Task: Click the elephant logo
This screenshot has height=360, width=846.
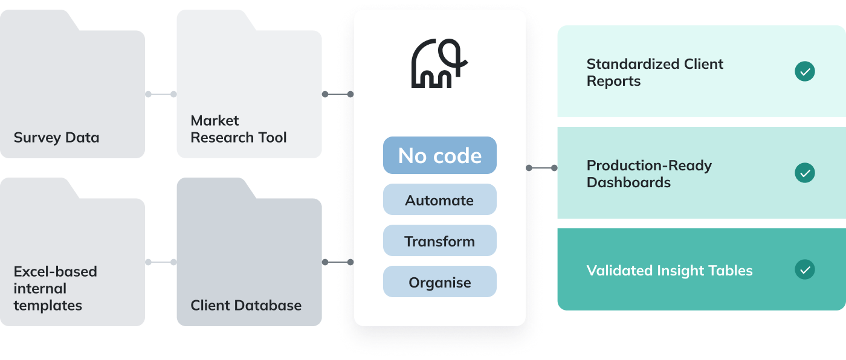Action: click(x=439, y=64)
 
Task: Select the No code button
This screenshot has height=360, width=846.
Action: click(x=439, y=155)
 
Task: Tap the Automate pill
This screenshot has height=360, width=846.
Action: click(x=439, y=200)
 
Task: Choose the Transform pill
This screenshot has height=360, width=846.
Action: click(x=439, y=241)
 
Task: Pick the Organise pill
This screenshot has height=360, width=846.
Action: click(x=439, y=282)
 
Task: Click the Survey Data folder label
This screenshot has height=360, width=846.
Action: click(x=56, y=138)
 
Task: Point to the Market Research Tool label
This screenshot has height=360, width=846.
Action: click(x=239, y=129)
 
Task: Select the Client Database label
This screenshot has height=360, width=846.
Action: click(x=246, y=305)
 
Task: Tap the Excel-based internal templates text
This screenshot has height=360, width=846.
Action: click(x=55, y=288)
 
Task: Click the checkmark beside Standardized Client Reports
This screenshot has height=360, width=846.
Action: click(x=804, y=72)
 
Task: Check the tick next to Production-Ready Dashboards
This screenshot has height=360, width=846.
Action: click(x=804, y=173)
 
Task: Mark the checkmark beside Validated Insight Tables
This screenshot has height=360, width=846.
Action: click(x=804, y=269)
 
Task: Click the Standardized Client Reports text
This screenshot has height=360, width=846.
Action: click(x=654, y=72)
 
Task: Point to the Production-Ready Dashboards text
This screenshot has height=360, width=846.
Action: click(x=648, y=174)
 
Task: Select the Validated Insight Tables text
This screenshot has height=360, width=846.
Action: click(x=669, y=270)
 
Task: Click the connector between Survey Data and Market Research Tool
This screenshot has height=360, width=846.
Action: click(x=161, y=94)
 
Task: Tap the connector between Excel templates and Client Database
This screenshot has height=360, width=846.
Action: click(x=161, y=262)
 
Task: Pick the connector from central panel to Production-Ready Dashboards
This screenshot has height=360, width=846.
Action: click(x=542, y=168)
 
